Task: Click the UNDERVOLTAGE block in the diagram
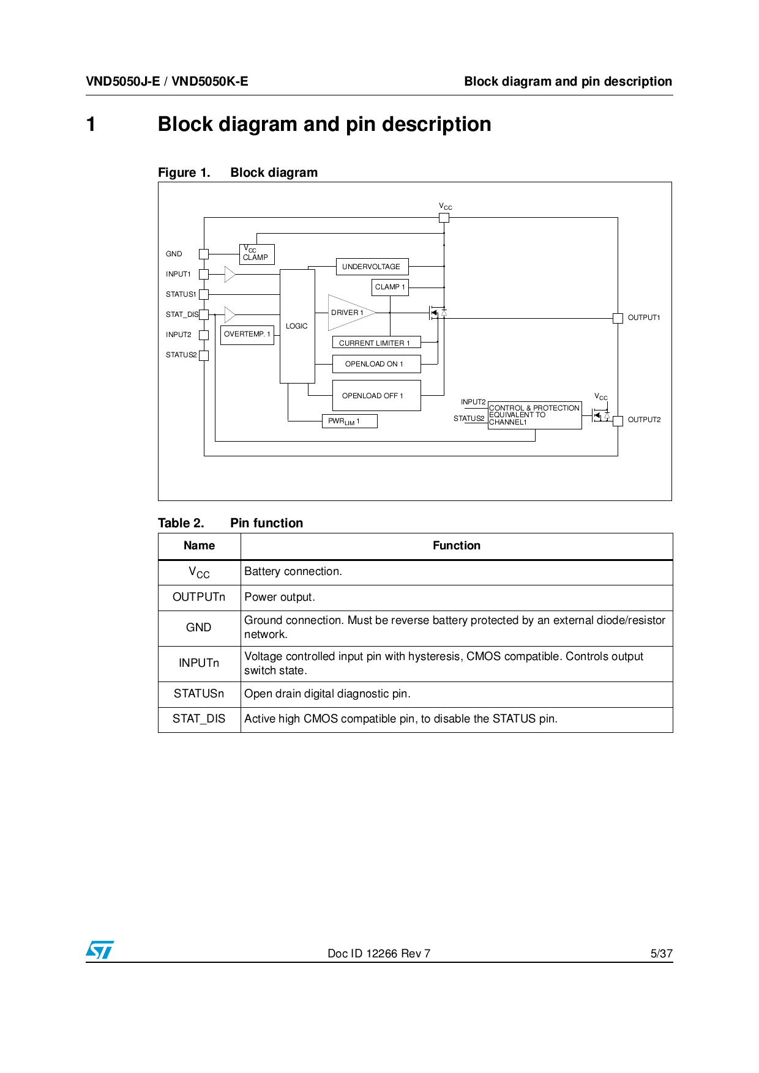pyautogui.click(x=372, y=267)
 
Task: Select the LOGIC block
pyautogui.click(x=297, y=326)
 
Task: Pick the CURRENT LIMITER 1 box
pyautogui.click(x=376, y=343)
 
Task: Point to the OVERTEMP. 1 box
pyautogui.click(x=247, y=335)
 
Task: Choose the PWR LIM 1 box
pyautogui.click(x=349, y=421)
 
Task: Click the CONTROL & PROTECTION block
pyautogui.click(x=534, y=415)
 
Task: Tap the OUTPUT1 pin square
pyautogui.click(x=618, y=318)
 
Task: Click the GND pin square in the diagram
pyautogui.click(x=204, y=254)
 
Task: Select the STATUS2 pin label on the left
pyautogui.click(x=181, y=355)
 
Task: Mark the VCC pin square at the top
pyautogui.click(x=444, y=218)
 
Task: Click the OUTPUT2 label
pyautogui.click(x=644, y=420)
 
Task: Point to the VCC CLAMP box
pyautogui.click(x=256, y=254)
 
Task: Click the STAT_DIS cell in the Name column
pyautogui.click(x=199, y=719)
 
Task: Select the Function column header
pyautogui.click(x=456, y=546)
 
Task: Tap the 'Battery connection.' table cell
pyautogui.click(x=293, y=571)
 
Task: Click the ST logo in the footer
pyautogui.click(x=100, y=950)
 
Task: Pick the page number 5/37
pyautogui.click(x=661, y=953)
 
